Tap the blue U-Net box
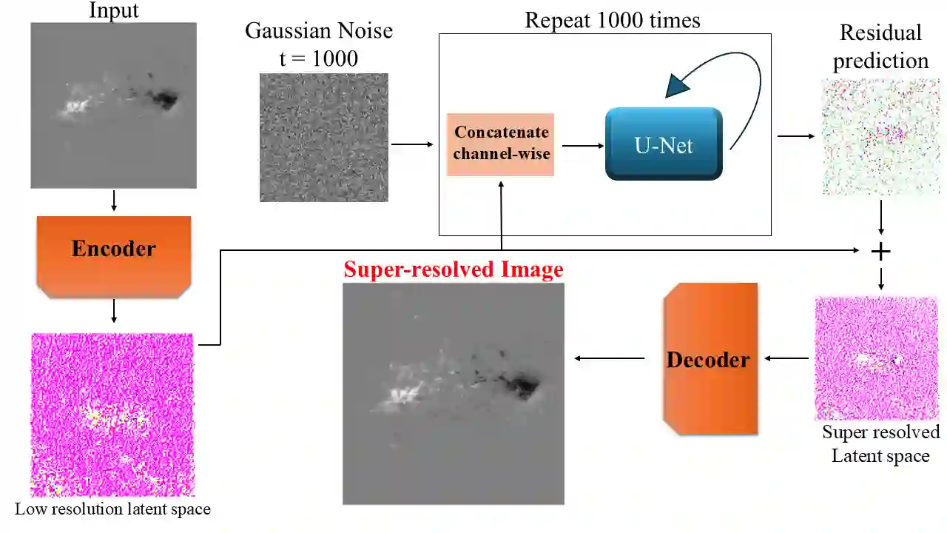[x=664, y=144]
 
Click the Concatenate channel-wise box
[x=501, y=144]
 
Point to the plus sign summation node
[x=880, y=252]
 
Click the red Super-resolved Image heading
[x=453, y=269]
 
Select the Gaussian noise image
[x=324, y=137]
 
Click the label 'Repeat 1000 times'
[x=612, y=20]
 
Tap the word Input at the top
[x=113, y=10]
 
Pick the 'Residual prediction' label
[x=880, y=47]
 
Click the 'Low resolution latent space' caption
[x=112, y=509]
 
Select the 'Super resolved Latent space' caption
[x=880, y=443]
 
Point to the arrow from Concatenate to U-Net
[x=582, y=146]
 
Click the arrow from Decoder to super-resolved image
[x=610, y=359]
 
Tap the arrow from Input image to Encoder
[x=113, y=201]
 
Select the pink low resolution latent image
[x=112, y=415]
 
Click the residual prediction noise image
[x=880, y=137]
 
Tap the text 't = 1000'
[x=318, y=58]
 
